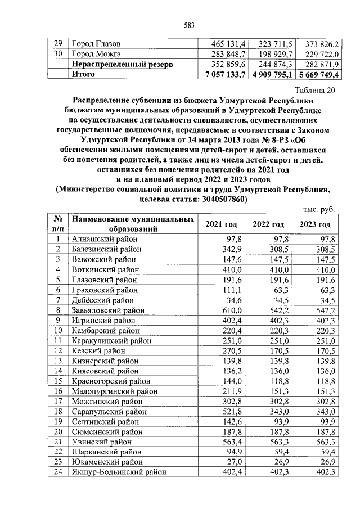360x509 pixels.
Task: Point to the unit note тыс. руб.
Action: pyautogui.click(x=319, y=209)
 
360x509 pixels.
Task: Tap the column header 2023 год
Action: pyautogui.click(x=316, y=224)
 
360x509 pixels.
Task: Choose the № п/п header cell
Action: pyautogui.click(x=57, y=224)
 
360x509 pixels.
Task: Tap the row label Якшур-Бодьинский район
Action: pyautogui.click(x=119, y=471)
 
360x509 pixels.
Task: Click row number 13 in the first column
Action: pyautogui.click(x=57, y=360)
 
